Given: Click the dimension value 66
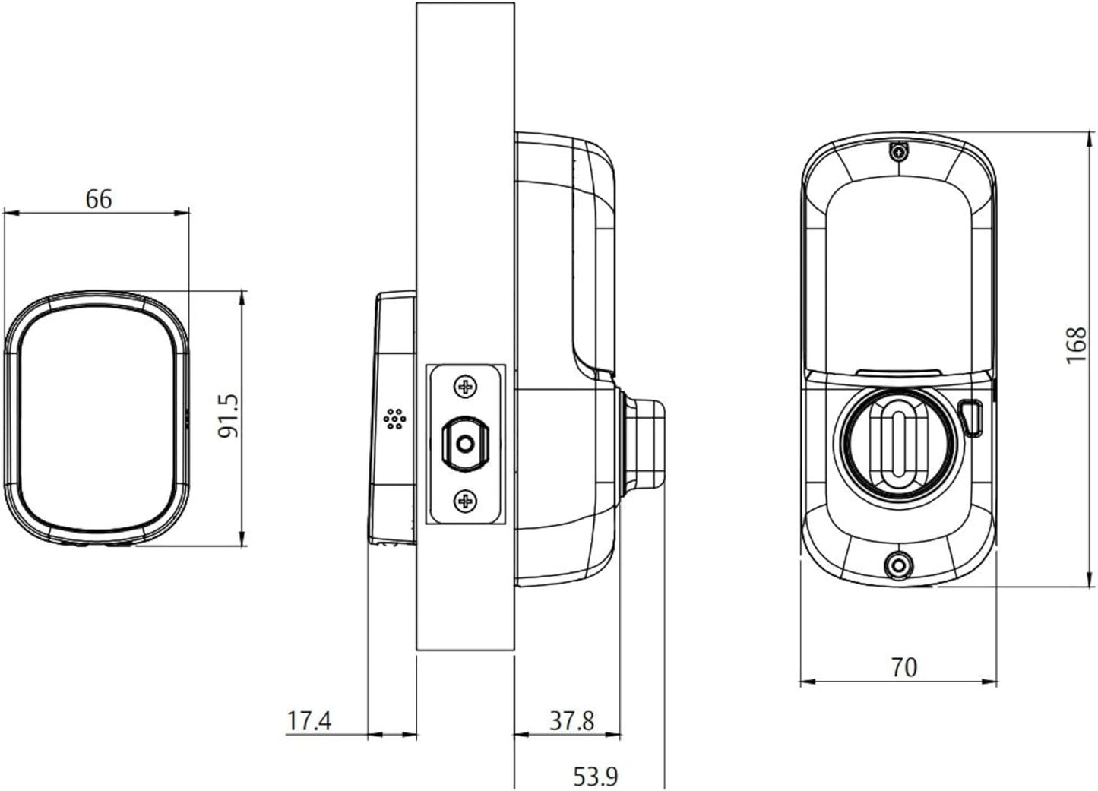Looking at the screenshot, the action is pyautogui.click(x=99, y=199).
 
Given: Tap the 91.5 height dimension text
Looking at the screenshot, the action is pyautogui.click(x=228, y=416).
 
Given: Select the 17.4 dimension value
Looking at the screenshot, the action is pyautogui.click(x=309, y=720).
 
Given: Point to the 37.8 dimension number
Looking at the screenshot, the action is pyautogui.click(x=571, y=720).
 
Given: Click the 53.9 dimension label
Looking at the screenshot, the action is pyautogui.click(x=596, y=776).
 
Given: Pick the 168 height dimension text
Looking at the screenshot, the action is pyautogui.click(x=1077, y=345).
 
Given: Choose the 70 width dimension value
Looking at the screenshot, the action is pyautogui.click(x=904, y=667).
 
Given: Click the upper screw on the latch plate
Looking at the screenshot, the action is pyautogui.click(x=465, y=387).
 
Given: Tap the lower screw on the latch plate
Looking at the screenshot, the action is pyautogui.click(x=465, y=501).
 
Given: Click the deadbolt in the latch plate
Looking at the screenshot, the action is pyautogui.click(x=465, y=444).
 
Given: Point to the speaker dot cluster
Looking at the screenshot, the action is pyautogui.click(x=395, y=419).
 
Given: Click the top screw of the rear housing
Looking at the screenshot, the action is pyautogui.click(x=898, y=153).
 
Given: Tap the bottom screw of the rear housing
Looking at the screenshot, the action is pyautogui.click(x=898, y=566).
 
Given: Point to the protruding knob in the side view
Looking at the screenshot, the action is pyautogui.click(x=643, y=442).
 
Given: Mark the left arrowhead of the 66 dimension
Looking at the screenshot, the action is pyautogui.click(x=11, y=214).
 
